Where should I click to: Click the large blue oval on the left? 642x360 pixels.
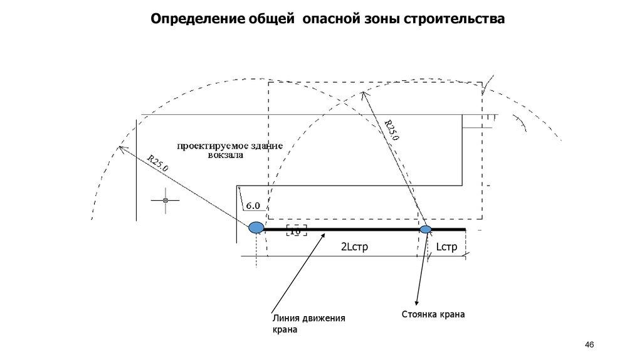[x=256, y=228]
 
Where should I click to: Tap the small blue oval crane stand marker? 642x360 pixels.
[x=426, y=230]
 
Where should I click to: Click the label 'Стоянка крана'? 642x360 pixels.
[x=433, y=314]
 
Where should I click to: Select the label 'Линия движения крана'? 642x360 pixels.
[x=308, y=324]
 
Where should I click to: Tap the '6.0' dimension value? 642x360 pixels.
[x=253, y=206]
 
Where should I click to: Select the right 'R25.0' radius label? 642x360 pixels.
[x=391, y=130]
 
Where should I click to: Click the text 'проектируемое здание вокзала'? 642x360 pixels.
[x=229, y=151]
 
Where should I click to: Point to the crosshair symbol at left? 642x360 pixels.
[x=165, y=200]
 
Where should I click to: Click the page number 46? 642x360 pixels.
[x=589, y=345]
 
